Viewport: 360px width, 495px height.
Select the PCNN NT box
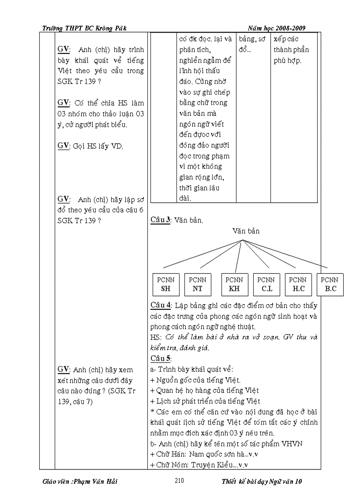tap(197, 284)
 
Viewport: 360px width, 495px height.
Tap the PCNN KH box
tap(234, 284)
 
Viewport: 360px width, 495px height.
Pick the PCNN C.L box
tap(266, 284)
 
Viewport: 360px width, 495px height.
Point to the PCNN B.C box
tap(330, 284)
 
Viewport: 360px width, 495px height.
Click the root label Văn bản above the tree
tap(246, 231)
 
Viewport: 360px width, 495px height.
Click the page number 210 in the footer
tap(179, 481)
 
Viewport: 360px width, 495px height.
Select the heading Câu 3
tap(161, 220)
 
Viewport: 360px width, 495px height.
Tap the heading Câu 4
tap(161, 305)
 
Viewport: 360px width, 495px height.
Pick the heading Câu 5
tap(160, 358)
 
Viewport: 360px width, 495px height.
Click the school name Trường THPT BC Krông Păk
tap(84, 28)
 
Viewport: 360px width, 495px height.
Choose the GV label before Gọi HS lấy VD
tap(64, 145)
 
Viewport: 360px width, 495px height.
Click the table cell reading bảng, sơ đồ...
tap(252, 44)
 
